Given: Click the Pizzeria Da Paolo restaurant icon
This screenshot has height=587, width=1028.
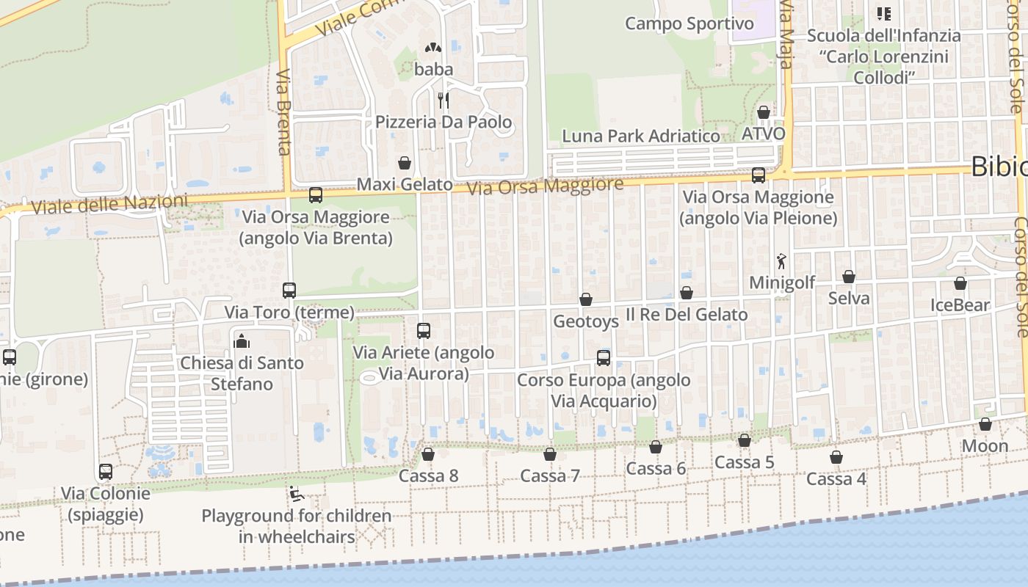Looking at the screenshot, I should [x=443, y=100].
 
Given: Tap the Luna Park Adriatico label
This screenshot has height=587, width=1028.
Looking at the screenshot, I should [x=640, y=136].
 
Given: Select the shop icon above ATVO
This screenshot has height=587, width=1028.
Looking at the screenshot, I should [x=764, y=112].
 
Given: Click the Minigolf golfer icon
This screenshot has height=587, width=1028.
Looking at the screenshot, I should [x=782, y=261].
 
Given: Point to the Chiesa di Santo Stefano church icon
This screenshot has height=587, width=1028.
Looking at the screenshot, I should [x=242, y=341].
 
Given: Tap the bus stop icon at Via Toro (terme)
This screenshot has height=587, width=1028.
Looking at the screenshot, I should [x=289, y=291].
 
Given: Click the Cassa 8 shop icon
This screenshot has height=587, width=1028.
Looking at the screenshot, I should [x=428, y=455].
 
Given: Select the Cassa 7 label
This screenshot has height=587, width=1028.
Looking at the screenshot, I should [x=550, y=476].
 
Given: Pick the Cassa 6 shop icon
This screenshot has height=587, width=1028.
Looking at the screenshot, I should [x=656, y=447].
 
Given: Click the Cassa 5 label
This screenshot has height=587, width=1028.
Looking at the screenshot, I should [x=745, y=462].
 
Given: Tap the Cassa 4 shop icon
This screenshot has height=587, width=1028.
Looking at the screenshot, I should [x=836, y=458].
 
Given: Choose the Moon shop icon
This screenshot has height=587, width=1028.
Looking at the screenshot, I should [x=985, y=425].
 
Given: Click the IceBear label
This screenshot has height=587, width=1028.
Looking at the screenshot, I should [x=960, y=305].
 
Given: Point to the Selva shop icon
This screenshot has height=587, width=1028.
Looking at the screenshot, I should [x=849, y=277].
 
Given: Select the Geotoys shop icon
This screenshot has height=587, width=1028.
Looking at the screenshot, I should [x=586, y=299].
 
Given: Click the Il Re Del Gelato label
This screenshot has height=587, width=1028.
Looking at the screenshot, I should [x=687, y=315].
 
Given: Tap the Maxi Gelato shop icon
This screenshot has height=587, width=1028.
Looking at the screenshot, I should [x=404, y=162].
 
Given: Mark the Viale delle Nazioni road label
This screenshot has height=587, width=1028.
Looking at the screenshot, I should [x=104, y=205].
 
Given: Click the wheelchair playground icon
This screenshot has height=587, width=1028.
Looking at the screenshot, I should [x=297, y=495].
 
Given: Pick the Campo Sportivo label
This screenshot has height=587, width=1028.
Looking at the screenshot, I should [x=689, y=24].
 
